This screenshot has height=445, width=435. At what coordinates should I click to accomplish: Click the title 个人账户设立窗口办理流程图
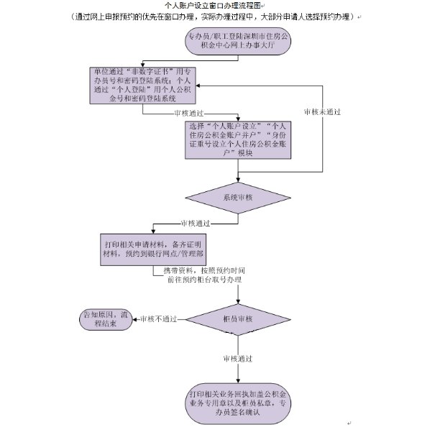(x=215, y=5)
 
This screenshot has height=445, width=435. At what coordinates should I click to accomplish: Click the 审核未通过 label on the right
(x=322, y=112)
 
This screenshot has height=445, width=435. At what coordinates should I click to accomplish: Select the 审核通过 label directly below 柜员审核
(x=239, y=358)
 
